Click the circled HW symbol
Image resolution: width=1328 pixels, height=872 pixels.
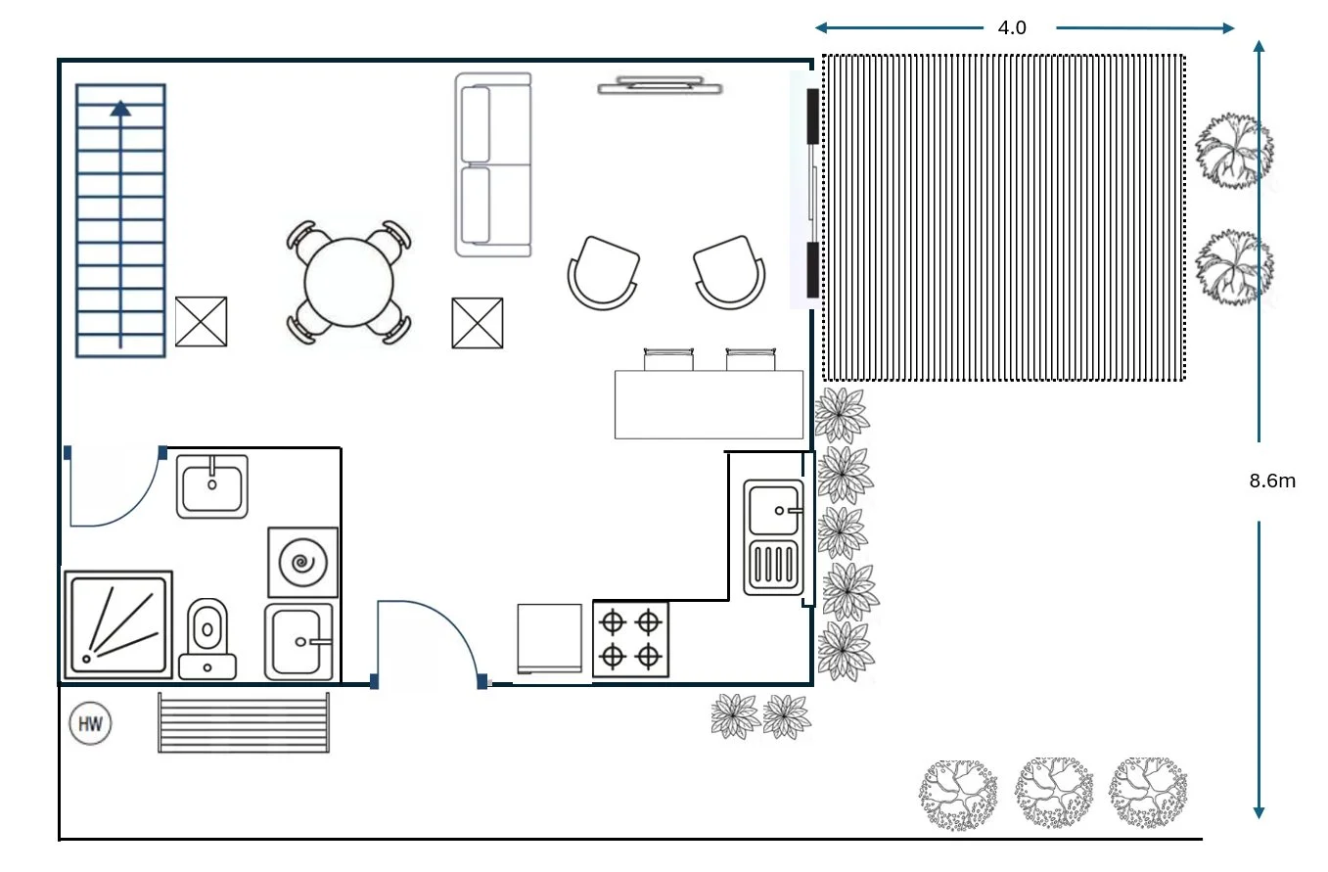(x=90, y=723)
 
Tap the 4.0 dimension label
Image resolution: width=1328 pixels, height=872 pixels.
(x=1012, y=27)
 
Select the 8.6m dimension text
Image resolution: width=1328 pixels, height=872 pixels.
(x=1272, y=481)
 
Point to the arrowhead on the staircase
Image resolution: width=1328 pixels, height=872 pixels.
(x=120, y=108)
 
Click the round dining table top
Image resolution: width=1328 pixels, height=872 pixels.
(x=348, y=282)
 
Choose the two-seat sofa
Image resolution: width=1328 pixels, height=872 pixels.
(x=493, y=164)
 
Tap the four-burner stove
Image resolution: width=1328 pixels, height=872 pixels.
(x=631, y=640)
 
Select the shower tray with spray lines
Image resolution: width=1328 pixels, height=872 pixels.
(x=118, y=624)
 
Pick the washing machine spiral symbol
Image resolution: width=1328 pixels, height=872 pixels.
(x=303, y=562)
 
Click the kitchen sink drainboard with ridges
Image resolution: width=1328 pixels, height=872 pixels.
(x=773, y=565)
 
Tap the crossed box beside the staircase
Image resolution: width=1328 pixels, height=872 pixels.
(x=201, y=321)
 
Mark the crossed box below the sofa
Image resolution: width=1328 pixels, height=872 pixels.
(x=478, y=323)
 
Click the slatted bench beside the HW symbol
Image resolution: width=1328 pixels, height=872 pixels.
(x=244, y=722)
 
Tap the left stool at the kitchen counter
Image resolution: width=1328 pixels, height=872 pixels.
(x=668, y=359)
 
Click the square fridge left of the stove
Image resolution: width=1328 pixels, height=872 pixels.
(x=550, y=639)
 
